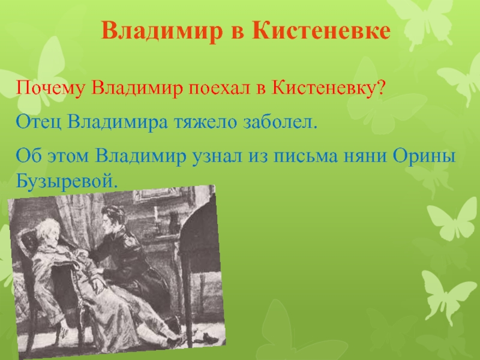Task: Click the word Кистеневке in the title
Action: click(321, 31)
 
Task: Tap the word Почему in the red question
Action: click(50, 88)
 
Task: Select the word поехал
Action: click(219, 88)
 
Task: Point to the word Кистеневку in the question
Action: click(323, 88)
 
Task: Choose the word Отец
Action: click(38, 122)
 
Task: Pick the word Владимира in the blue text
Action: click(118, 122)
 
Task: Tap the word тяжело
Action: click(205, 122)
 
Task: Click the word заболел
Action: click(278, 122)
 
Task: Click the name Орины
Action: click(424, 155)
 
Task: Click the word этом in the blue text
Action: click(68, 157)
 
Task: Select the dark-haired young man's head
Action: click(113, 218)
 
